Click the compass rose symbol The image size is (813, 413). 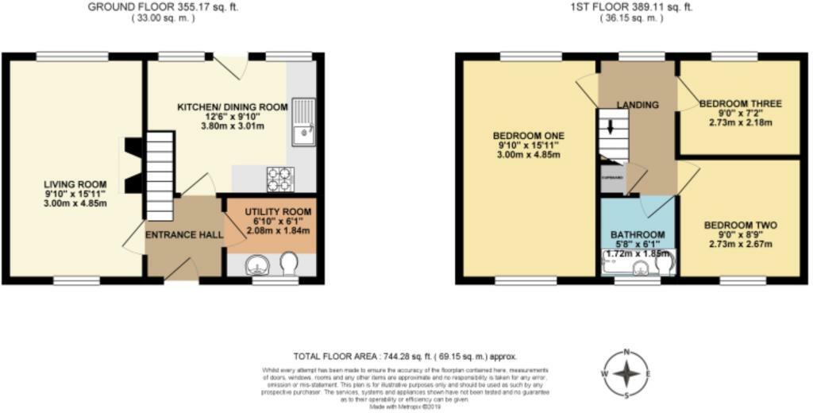click(x=626, y=373)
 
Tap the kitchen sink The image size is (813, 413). click(x=302, y=123)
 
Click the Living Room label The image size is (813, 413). click(x=75, y=194)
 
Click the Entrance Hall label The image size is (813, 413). click(x=183, y=235)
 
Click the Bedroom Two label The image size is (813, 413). click(x=740, y=234)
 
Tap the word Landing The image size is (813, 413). click(x=638, y=105)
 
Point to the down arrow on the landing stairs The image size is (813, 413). click(x=611, y=126)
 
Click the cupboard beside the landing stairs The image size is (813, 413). click(x=612, y=177)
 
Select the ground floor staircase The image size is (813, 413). click(x=160, y=176)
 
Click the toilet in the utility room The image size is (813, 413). click(x=289, y=264)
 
